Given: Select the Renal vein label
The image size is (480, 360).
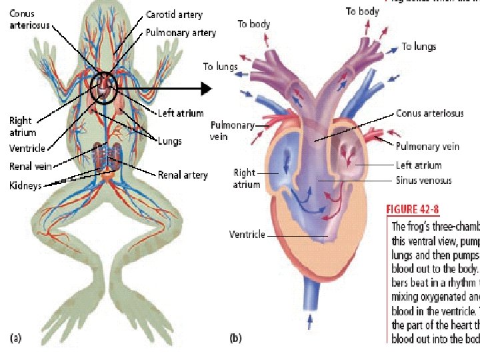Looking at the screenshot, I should (31, 166).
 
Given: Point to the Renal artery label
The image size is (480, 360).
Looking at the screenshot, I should (183, 175).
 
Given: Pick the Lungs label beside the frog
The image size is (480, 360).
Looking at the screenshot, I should (169, 141).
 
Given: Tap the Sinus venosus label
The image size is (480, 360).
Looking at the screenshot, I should (424, 180).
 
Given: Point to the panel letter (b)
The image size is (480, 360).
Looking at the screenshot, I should (235, 338).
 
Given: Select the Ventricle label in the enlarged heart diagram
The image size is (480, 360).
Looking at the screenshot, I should (247, 234).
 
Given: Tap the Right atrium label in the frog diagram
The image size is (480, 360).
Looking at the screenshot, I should (20, 127).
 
